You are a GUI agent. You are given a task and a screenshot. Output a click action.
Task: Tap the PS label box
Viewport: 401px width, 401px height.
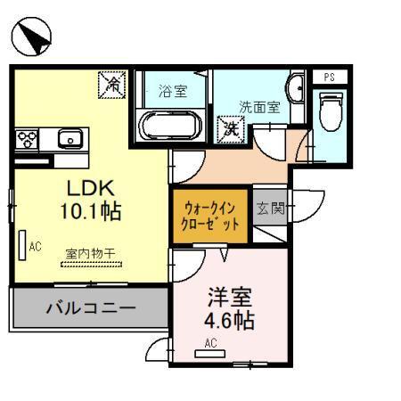tap(330, 77)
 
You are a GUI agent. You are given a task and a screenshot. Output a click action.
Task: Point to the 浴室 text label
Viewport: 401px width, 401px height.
tap(173, 90)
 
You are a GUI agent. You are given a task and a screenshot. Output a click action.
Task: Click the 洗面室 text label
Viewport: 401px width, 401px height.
tap(258, 106)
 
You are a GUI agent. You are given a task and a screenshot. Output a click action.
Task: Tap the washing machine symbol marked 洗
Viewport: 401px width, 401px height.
tap(231, 128)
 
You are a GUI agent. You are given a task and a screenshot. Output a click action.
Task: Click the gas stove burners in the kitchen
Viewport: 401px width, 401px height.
tap(27, 139)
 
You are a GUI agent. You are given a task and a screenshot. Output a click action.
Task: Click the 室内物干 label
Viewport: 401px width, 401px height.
tap(90, 253)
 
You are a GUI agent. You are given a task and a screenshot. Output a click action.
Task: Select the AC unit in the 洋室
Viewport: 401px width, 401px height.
tap(210, 353)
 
